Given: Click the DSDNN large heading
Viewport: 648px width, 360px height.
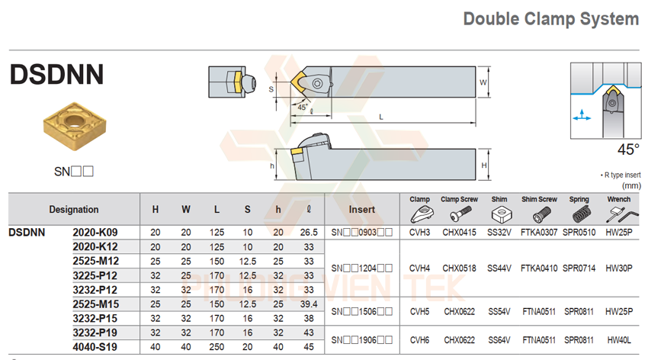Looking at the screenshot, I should point(56,75).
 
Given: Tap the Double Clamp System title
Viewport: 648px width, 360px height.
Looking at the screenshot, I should point(551,19).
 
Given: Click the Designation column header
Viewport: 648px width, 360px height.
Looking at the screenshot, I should point(74,209).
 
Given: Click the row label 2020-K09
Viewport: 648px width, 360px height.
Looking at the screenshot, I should point(95,232).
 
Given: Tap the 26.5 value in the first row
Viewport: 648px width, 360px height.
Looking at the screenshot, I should point(309,232).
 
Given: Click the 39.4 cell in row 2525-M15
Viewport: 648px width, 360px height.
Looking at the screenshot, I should point(309,304).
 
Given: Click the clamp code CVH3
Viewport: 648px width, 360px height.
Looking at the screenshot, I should point(420,232).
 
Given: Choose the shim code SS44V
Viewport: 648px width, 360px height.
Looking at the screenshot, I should point(499,268).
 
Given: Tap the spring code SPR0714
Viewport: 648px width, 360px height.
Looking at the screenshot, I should point(579,268).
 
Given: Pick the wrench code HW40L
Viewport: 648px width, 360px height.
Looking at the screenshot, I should point(618,341).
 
